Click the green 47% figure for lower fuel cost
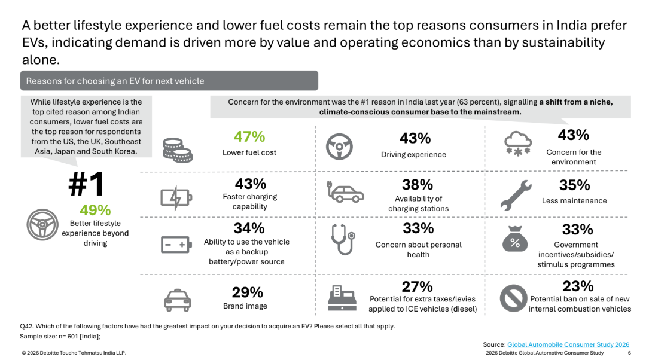pyautogui.click(x=249, y=136)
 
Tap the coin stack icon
pyautogui.click(x=178, y=151)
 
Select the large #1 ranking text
pyautogui.click(x=86, y=185)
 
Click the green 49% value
pyautogui.click(x=95, y=210)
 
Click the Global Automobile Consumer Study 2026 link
pyautogui.click(x=568, y=344)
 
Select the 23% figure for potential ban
pyautogui.click(x=578, y=286)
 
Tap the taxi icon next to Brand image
pyautogui.click(x=177, y=298)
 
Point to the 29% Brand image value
pyautogui.click(x=248, y=292)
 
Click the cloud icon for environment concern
pyautogui.click(x=517, y=144)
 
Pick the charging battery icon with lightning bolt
pyautogui.click(x=176, y=197)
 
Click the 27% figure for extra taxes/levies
pyautogui.click(x=417, y=286)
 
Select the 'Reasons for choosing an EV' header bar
pyautogui.click(x=169, y=81)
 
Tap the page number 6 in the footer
pyautogui.click(x=629, y=353)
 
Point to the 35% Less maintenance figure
pyautogui.click(x=574, y=185)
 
